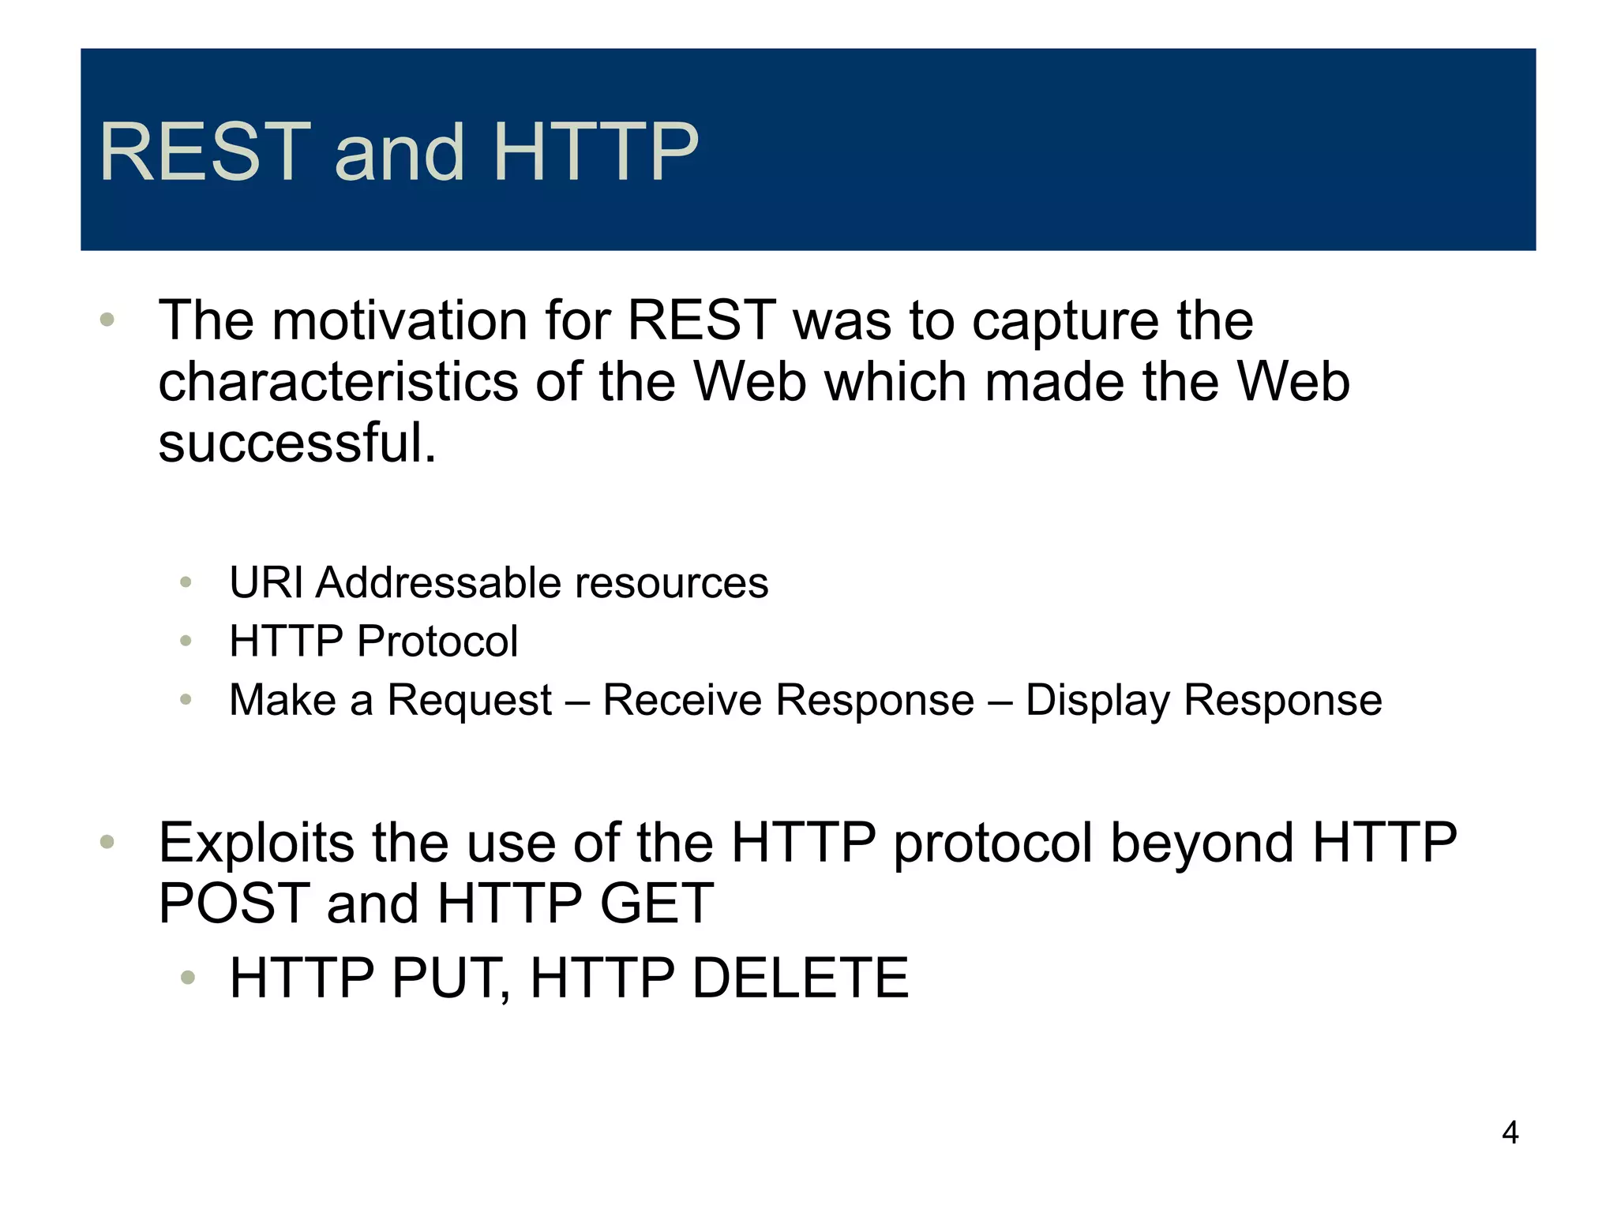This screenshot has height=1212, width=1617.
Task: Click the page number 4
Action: [x=1510, y=1132]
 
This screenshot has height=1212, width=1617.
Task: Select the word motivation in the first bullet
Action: [x=400, y=321]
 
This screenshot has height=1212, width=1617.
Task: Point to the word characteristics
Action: [x=338, y=382]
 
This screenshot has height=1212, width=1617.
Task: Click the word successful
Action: [x=297, y=443]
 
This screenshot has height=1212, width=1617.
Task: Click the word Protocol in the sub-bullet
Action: [x=437, y=641]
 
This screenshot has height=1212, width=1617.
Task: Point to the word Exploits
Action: [x=257, y=844]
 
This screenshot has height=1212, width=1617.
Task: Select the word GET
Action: [x=656, y=903]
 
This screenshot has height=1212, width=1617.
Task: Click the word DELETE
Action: [x=800, y=978]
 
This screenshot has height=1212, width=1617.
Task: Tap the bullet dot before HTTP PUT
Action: [x=187, y=978]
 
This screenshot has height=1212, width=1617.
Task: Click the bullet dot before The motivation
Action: [x=107, y=320]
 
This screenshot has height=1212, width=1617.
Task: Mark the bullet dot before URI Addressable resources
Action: [x=186, y=583]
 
